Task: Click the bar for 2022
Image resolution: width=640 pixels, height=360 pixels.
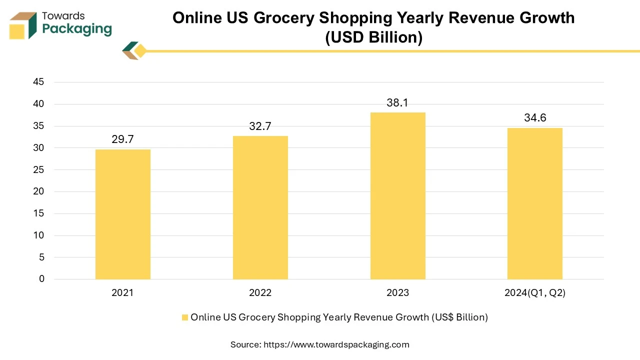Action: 260,207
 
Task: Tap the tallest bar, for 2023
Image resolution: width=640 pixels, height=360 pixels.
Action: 397,195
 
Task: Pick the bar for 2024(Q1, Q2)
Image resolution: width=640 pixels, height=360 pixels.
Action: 534,203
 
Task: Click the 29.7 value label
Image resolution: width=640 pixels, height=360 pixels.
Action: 122,139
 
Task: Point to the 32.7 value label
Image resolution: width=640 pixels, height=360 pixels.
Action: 260,126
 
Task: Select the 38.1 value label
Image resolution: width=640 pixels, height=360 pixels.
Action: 397,103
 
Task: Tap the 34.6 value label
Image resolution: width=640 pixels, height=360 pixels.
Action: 534,118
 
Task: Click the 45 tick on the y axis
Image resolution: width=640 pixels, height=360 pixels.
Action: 38,82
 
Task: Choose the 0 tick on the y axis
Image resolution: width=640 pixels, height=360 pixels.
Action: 41,279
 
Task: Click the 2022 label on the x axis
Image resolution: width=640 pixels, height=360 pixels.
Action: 260,293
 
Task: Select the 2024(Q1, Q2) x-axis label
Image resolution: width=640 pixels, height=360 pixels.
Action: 534,293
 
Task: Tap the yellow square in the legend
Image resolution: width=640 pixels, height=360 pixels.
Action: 184,317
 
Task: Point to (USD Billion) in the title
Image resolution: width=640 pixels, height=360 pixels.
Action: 373,37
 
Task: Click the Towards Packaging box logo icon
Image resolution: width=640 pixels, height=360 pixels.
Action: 23,25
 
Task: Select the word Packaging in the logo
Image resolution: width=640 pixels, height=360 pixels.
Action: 77,29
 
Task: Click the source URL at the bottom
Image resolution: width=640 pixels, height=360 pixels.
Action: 336,344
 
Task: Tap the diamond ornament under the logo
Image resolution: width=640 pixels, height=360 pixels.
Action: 134,51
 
